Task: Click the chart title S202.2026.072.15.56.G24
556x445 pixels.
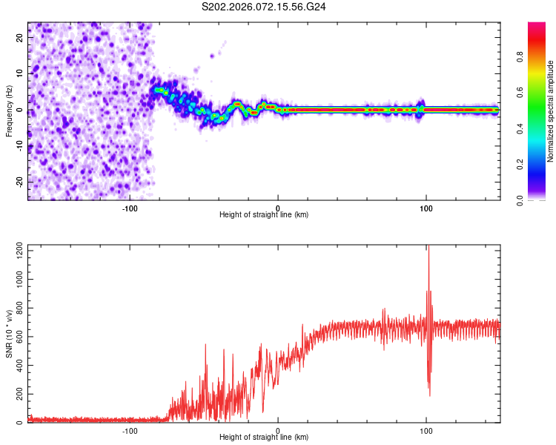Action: coord(265,7)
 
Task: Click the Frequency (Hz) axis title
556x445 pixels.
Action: coord(9,111)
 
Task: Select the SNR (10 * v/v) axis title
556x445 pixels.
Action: coord(9,334)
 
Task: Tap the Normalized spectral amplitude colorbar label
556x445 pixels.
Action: coord(550,111)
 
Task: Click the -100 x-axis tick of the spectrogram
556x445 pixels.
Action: coord(130,208)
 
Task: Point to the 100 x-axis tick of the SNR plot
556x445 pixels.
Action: coord(426,430)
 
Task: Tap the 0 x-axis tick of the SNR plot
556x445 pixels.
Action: coord(278,430)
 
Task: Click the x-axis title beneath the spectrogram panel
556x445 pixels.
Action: coord(264,215)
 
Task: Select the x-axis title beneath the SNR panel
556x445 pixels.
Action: coord(264,438)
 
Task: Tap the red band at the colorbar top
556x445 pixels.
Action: coord(537,27)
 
